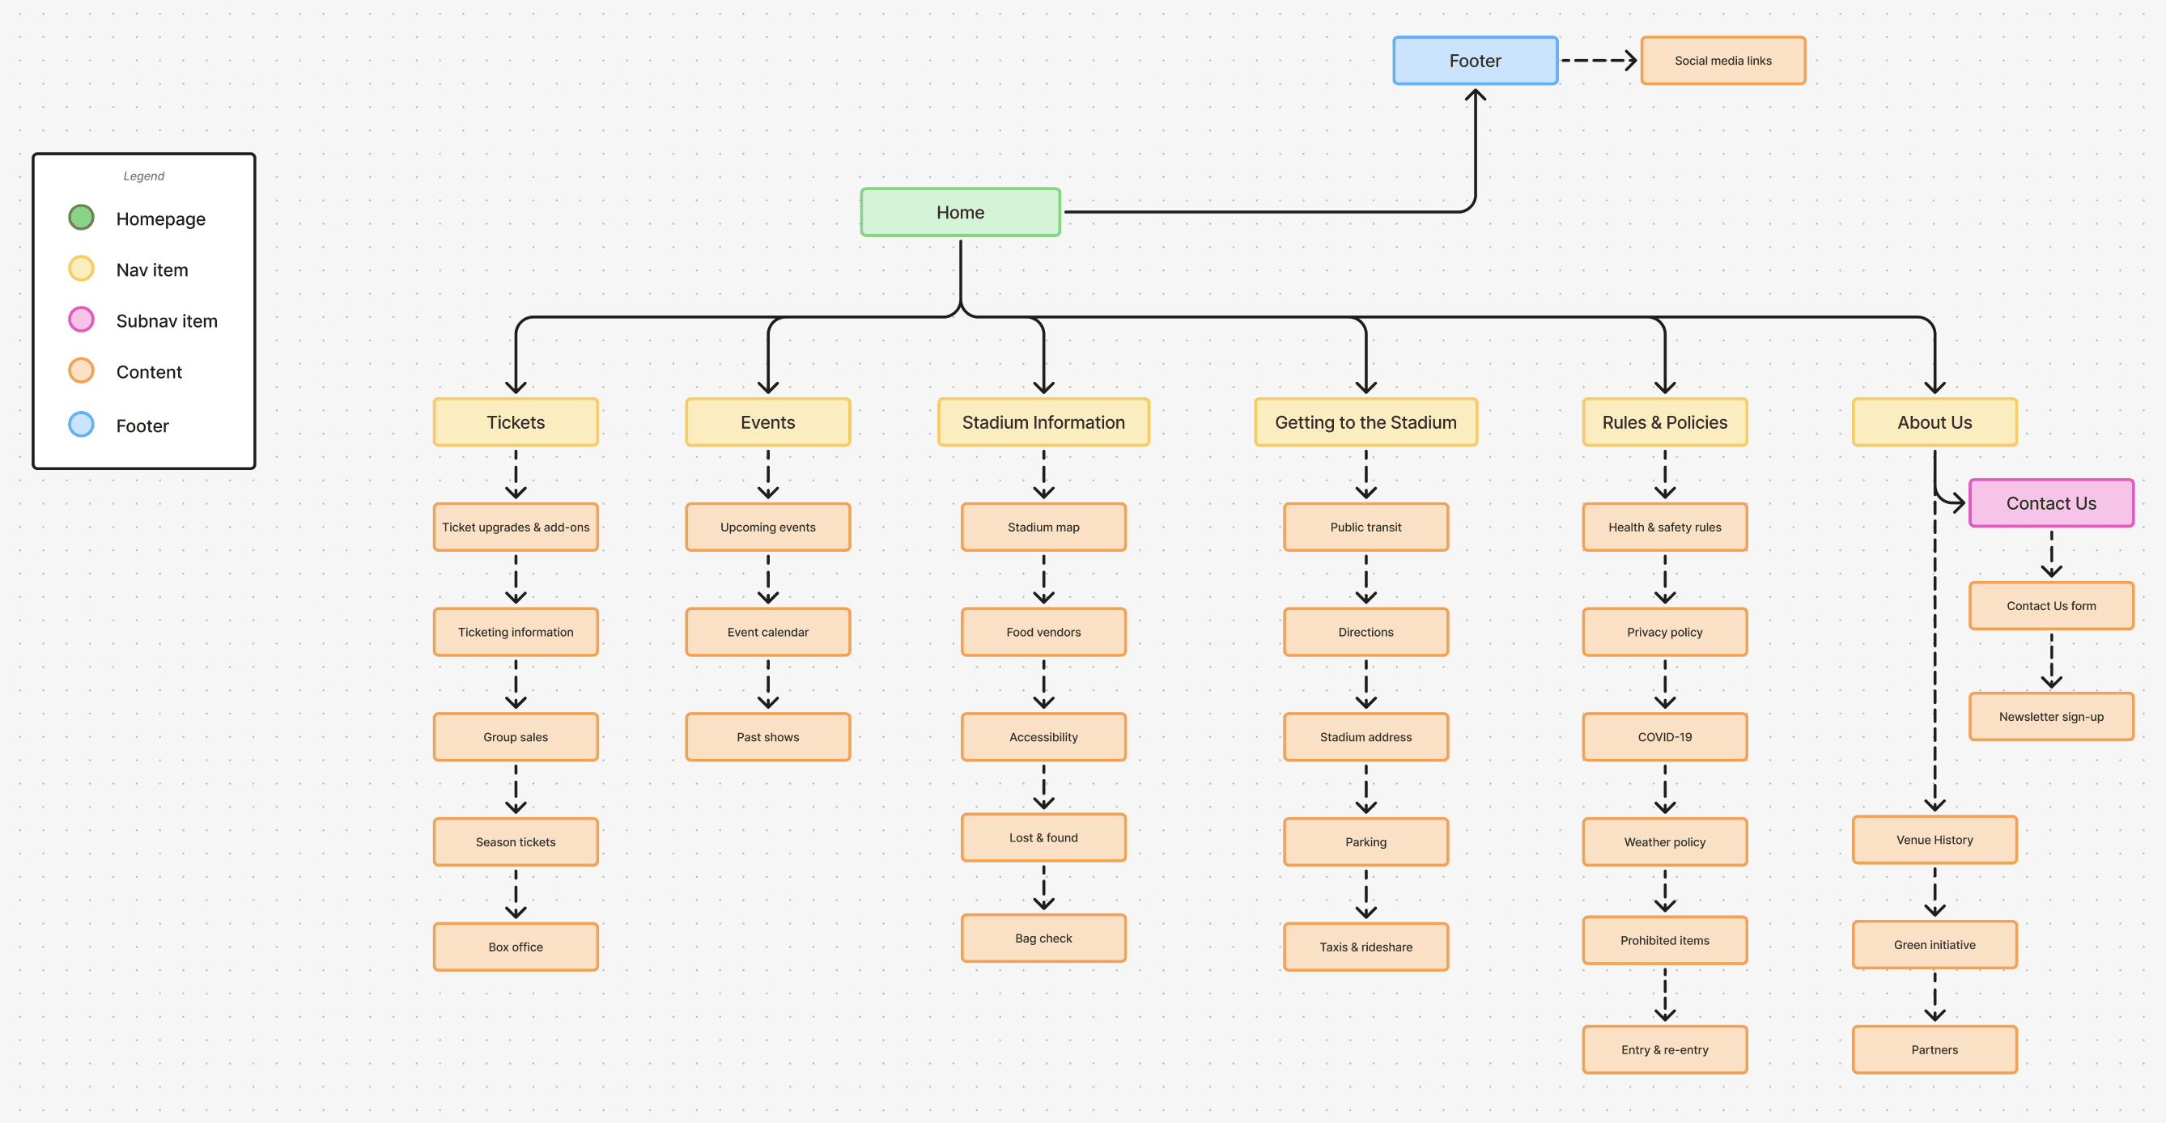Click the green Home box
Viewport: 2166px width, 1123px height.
[x=959, y=212]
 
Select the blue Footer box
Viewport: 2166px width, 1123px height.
[x=1474, y=61]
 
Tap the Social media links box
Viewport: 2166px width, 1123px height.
[x=1722, y=61]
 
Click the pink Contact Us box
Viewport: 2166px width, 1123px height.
[x=2050, y=502]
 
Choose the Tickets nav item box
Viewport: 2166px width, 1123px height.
[x=516, y=422]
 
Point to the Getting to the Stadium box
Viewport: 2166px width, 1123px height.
[x=1365, y=422]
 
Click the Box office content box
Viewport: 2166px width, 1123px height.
[x=516, y=947]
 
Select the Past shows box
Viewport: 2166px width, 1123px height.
[x=767, y=736]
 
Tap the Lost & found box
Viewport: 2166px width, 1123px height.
[x=1043, y=837]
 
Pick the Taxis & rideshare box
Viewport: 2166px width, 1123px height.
[x=1365, y=947]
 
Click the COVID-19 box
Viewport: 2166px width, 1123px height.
[x=1664, y=736]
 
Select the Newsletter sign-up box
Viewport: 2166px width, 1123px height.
[x=2050, y=716]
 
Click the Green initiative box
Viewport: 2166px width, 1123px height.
[x=1934, y=944]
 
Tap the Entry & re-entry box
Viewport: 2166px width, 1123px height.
[x=1664, y=1049]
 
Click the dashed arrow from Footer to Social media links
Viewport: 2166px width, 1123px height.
[x=1598, y=61]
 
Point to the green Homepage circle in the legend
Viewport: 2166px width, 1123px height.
[x=81, y=218]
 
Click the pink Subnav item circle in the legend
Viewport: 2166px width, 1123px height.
[x=81, y=320]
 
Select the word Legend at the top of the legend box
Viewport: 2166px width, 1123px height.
[x=144, y=176]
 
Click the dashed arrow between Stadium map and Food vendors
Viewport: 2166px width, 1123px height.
[x=1043, y=578]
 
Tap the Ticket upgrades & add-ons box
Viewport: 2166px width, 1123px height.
[x=516, y=527]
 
